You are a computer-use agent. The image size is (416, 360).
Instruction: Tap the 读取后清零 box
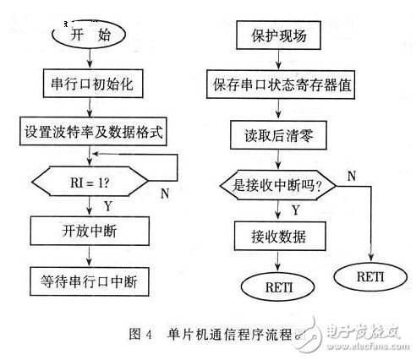tap(278, 131)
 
